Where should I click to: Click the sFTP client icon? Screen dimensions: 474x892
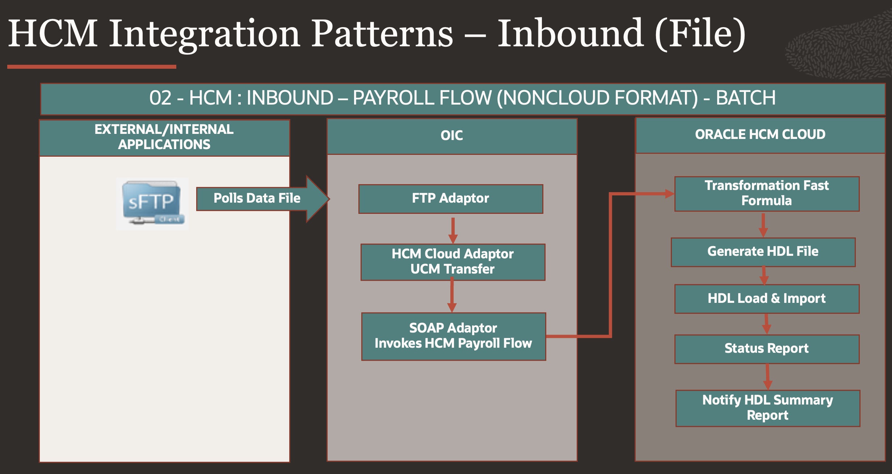(x=152, y=203)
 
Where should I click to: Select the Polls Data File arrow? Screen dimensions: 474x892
(x=257, y=198)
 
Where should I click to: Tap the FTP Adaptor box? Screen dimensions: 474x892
(x=451, y=199)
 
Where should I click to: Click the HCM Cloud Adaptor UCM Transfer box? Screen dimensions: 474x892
(x=453, y=262)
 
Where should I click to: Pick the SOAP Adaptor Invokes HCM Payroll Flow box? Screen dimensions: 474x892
(x=454, y=336)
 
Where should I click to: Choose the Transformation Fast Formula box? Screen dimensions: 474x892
(x=767, y=194)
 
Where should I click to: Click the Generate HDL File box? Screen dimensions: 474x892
(x=763, y=252)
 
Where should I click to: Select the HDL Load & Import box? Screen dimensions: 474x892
(x=767, y=299)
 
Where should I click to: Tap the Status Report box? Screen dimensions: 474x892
(x=767, y=349)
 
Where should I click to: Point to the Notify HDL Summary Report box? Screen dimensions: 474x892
(x=768, y=408)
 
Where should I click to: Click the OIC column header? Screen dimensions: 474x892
(x=452, y=136)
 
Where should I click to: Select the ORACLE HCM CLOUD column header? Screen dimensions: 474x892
(x=760, y=135)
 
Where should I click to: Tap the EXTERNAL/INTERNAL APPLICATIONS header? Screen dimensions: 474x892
(x=164, y=137)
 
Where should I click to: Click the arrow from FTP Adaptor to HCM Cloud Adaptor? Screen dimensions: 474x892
(x=453, y=230)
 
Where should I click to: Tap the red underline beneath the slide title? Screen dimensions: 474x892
(x=92, y=67)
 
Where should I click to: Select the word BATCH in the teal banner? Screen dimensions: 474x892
(x=746, y=98)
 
